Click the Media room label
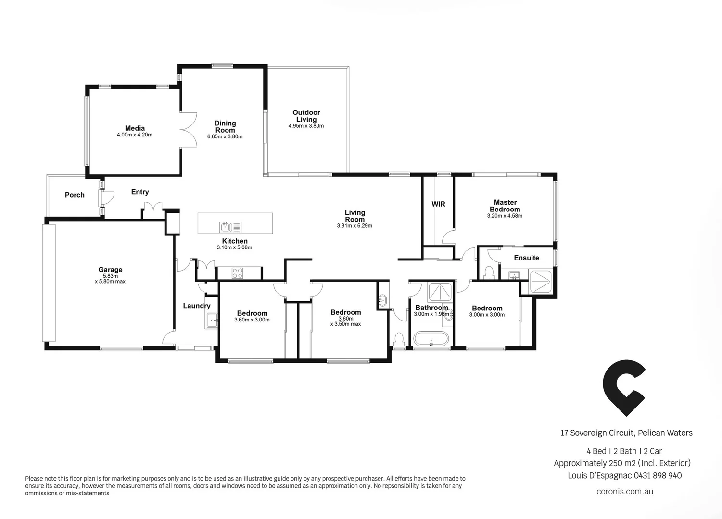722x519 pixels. [x=135, y=128]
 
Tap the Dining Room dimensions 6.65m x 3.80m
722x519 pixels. [x=225, y=136]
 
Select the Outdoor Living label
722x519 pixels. [x=306, y=116]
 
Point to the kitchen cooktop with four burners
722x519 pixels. [x=238, y=273]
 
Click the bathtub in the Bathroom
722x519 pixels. [x=431, y=339]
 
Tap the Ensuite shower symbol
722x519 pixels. [x=541, y=282]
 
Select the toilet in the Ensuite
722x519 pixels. [x=489, y=273]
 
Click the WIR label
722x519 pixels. [x=438, y=204]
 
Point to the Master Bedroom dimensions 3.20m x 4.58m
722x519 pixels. [x=505, y=216]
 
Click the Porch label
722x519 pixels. [x=75, y=195]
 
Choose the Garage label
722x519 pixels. [x=110, y=270]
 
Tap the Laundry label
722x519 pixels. [x=196, y=306]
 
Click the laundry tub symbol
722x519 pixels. [x=211, y=320]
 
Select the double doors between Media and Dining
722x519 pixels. [x=188, y=130]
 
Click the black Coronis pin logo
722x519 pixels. [x=623, y=387]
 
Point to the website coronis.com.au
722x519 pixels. [x=624, y=491]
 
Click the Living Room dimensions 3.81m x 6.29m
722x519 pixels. [x=355, y=226]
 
